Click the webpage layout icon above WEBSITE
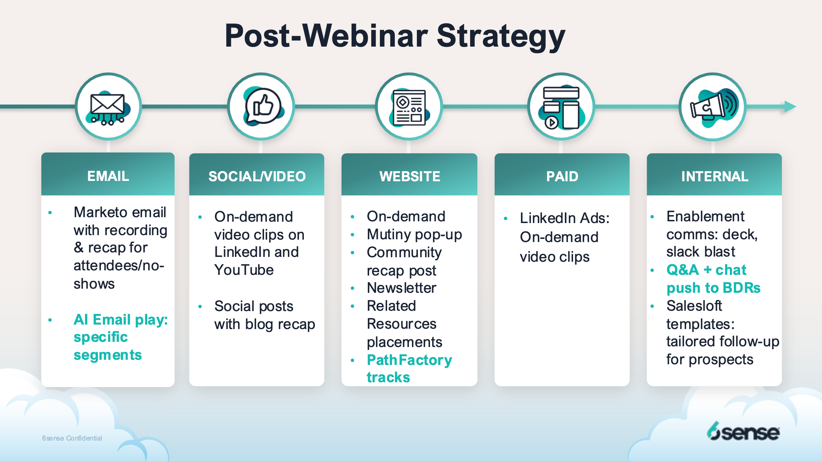coord(409,107)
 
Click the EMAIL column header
coord(108,176)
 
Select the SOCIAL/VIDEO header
coord(257,176)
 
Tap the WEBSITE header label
coord(410,176)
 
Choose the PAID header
coord(562,176)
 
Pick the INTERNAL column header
coord(714,176)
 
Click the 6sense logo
coord(743,431)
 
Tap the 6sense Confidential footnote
coord(72,438)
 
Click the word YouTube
coord(244,270)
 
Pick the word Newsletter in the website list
coord(402,288)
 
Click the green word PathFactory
coord(410,360)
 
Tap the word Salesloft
coord(694,306)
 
